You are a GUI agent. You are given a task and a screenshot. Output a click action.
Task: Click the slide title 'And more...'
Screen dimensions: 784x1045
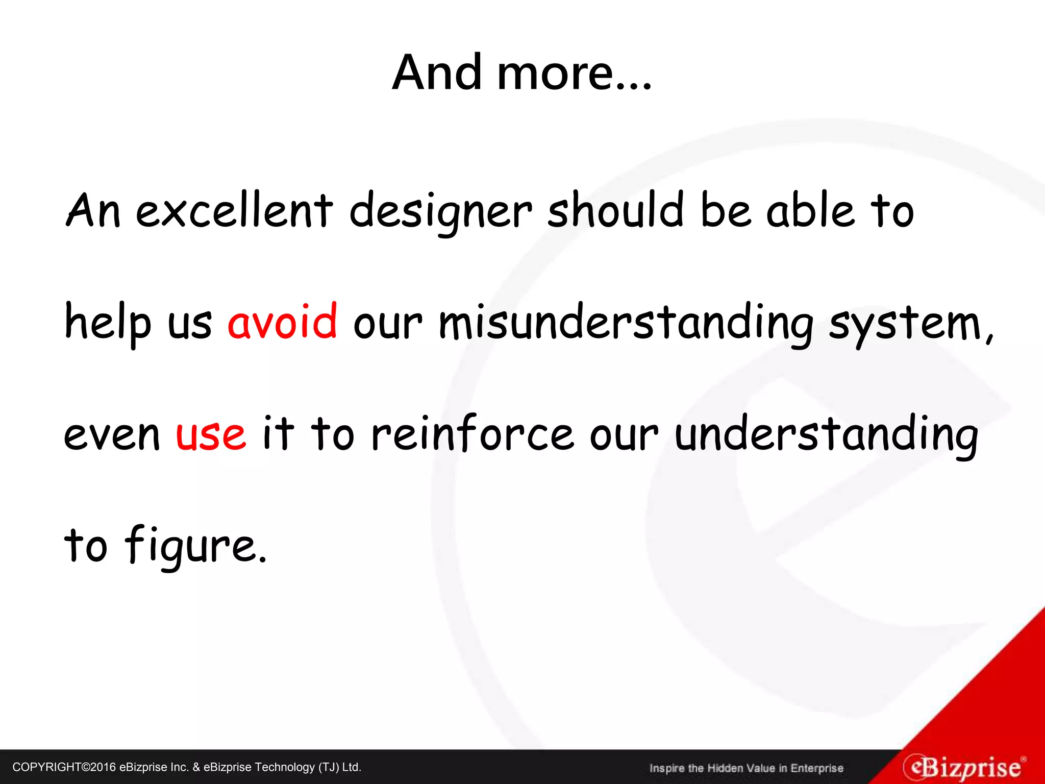pyautogui.click(x=521, y=73)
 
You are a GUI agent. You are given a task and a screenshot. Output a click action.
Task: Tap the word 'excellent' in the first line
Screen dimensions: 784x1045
pyautogui.click(x=235, y=210)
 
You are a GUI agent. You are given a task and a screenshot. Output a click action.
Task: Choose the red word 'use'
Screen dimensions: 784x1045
pyautogui.click(x=211, y=434)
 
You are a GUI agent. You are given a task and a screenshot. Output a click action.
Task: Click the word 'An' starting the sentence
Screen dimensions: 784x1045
pyautogui.click(x=93, y=210)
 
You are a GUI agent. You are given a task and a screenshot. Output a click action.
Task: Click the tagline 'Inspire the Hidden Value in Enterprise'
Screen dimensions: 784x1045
pyautogui.click(x=746, y=768)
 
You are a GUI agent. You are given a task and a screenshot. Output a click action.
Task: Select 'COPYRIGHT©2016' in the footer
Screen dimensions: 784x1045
pyautogui.click(x=64, y=767)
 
